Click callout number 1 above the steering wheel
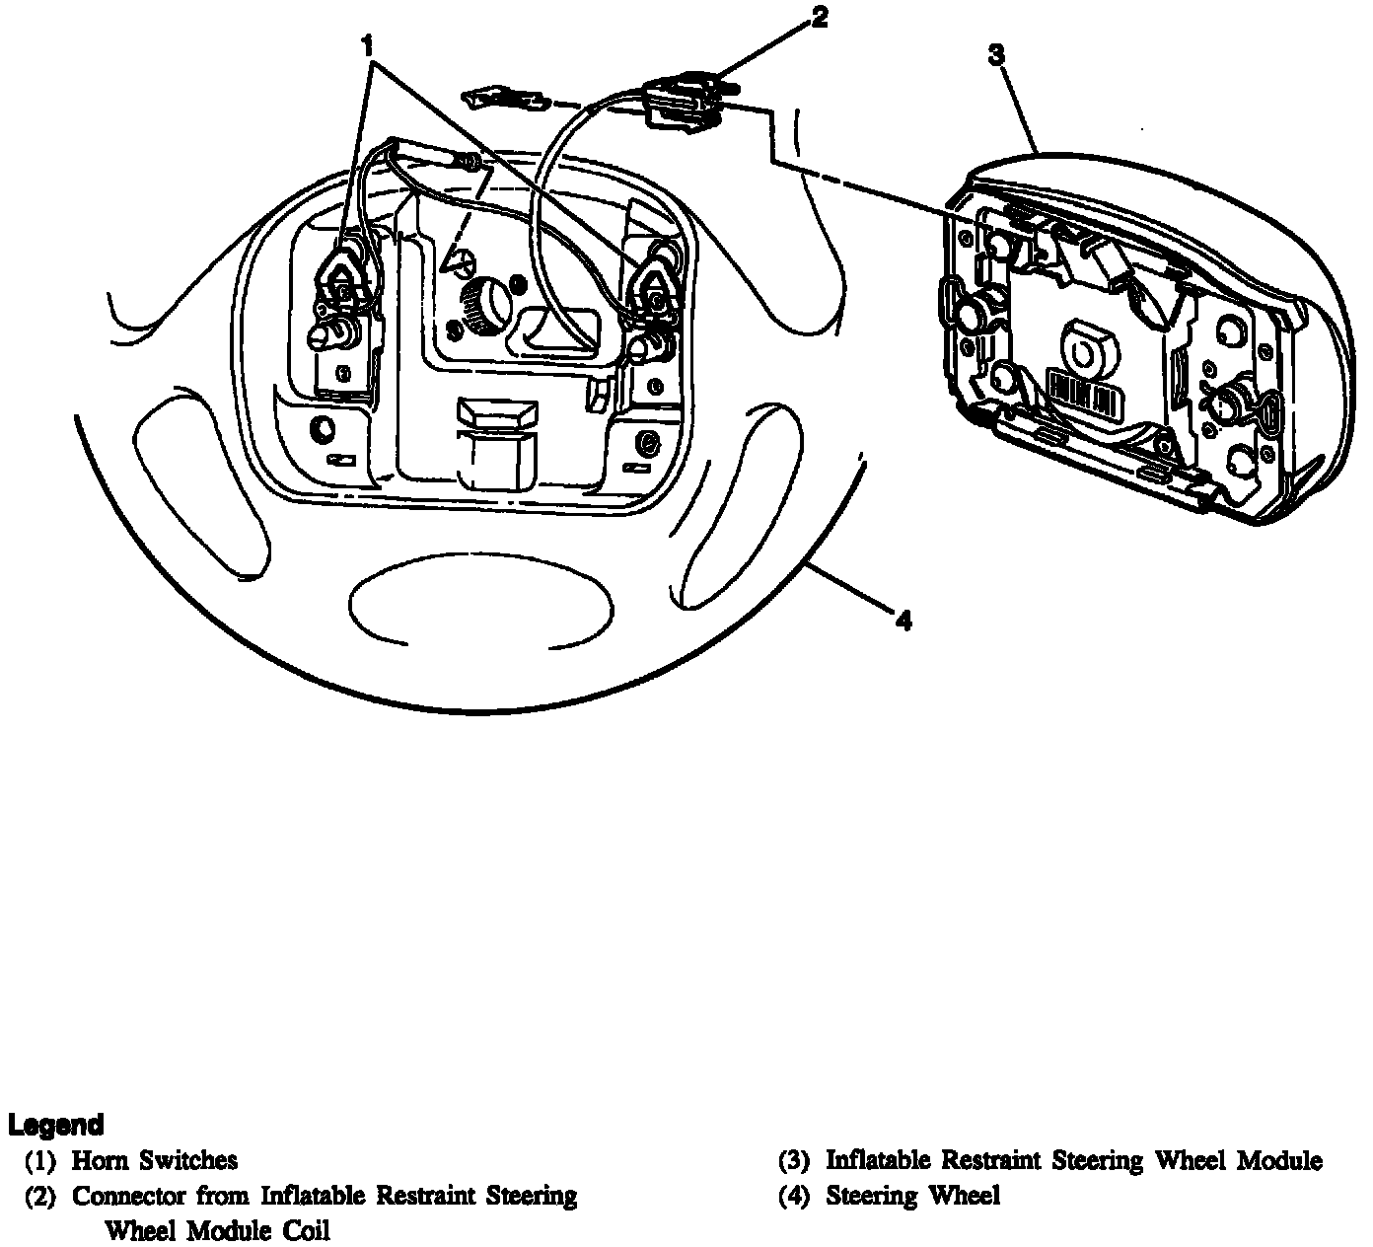click(368, 45)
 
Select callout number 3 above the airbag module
click(996, 54)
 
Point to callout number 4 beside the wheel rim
click(903, 621)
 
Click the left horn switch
click(345, 281)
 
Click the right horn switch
click(652, 286)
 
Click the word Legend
click(55, 1125)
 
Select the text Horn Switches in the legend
click(155, 1160)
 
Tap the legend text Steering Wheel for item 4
click(912, 1196)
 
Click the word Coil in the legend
click(304, 1230)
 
